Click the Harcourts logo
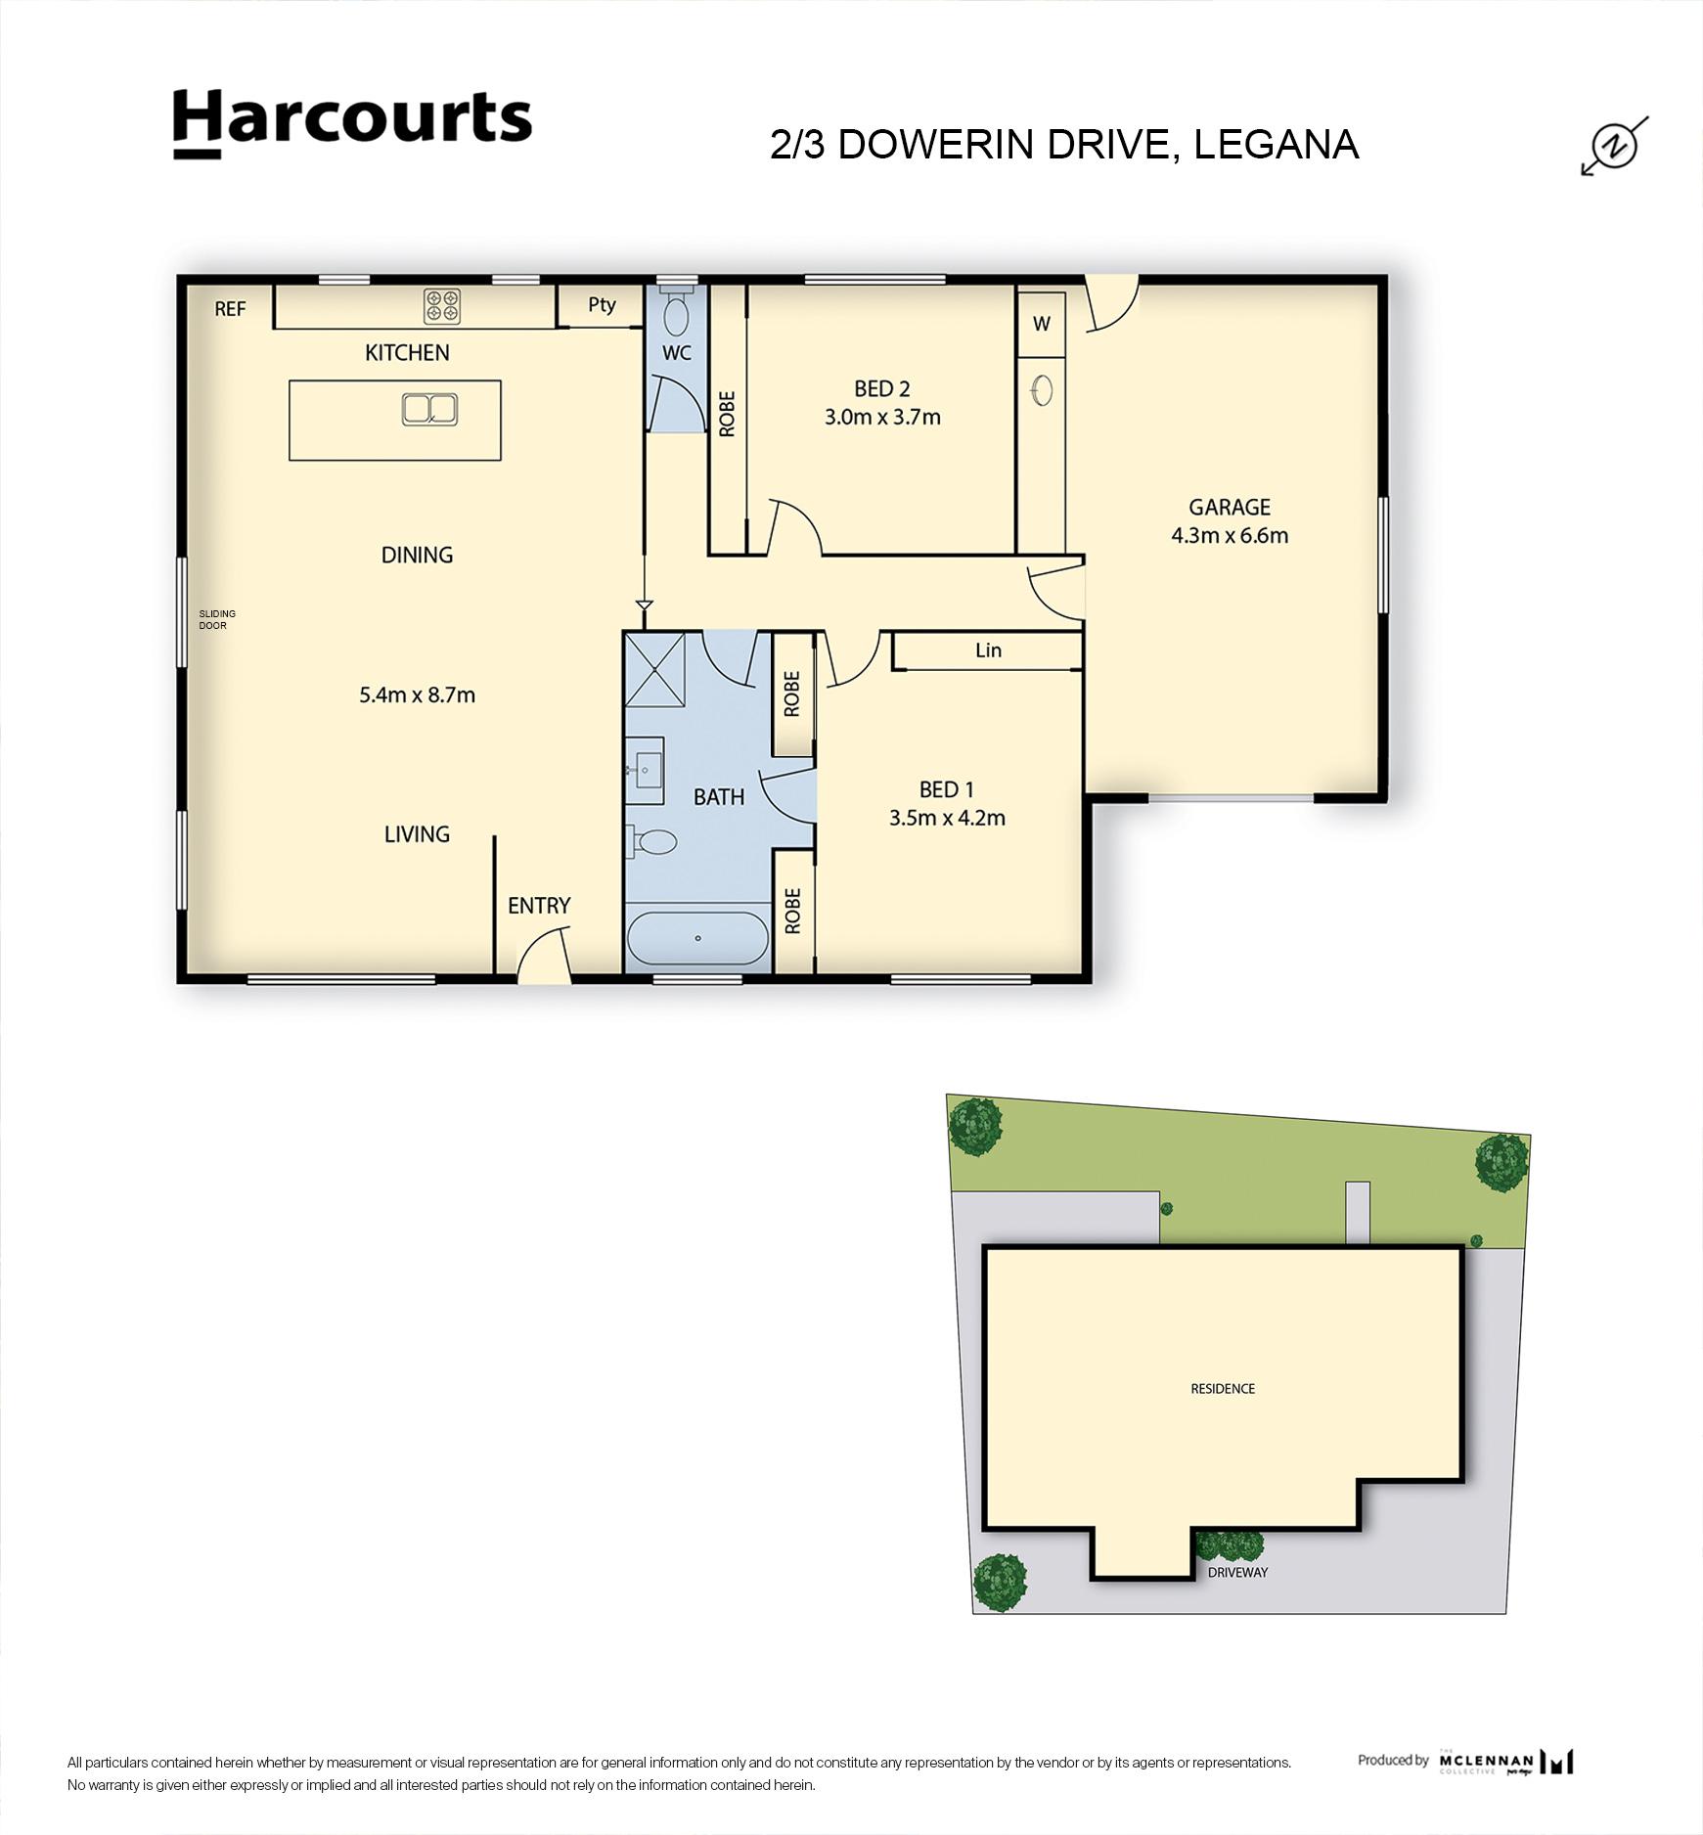[x=352, y=122]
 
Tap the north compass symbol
[x=1615, y=146]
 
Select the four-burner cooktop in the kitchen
[x=442, y=306]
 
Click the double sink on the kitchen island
[x=429, y=409]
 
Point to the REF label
[x=230, y=309]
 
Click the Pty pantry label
[x=602, y=304]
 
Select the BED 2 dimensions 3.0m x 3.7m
[x=882, y=418]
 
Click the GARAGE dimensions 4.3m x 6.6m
[x=1229, y=535]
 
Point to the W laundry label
[x=1041, y=324]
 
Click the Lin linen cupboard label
[x=988, y=650]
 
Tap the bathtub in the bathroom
[x=697, y=938]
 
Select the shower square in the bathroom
[x=654, y=669]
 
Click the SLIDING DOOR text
[x=217, y=619]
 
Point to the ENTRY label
[x=538, y=906]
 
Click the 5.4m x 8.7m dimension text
[x=417, y=695]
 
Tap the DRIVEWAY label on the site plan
[x=1236, y=1573]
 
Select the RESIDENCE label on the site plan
[x=1222, y=1389]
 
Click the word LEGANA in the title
[x=1276, y=145]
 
